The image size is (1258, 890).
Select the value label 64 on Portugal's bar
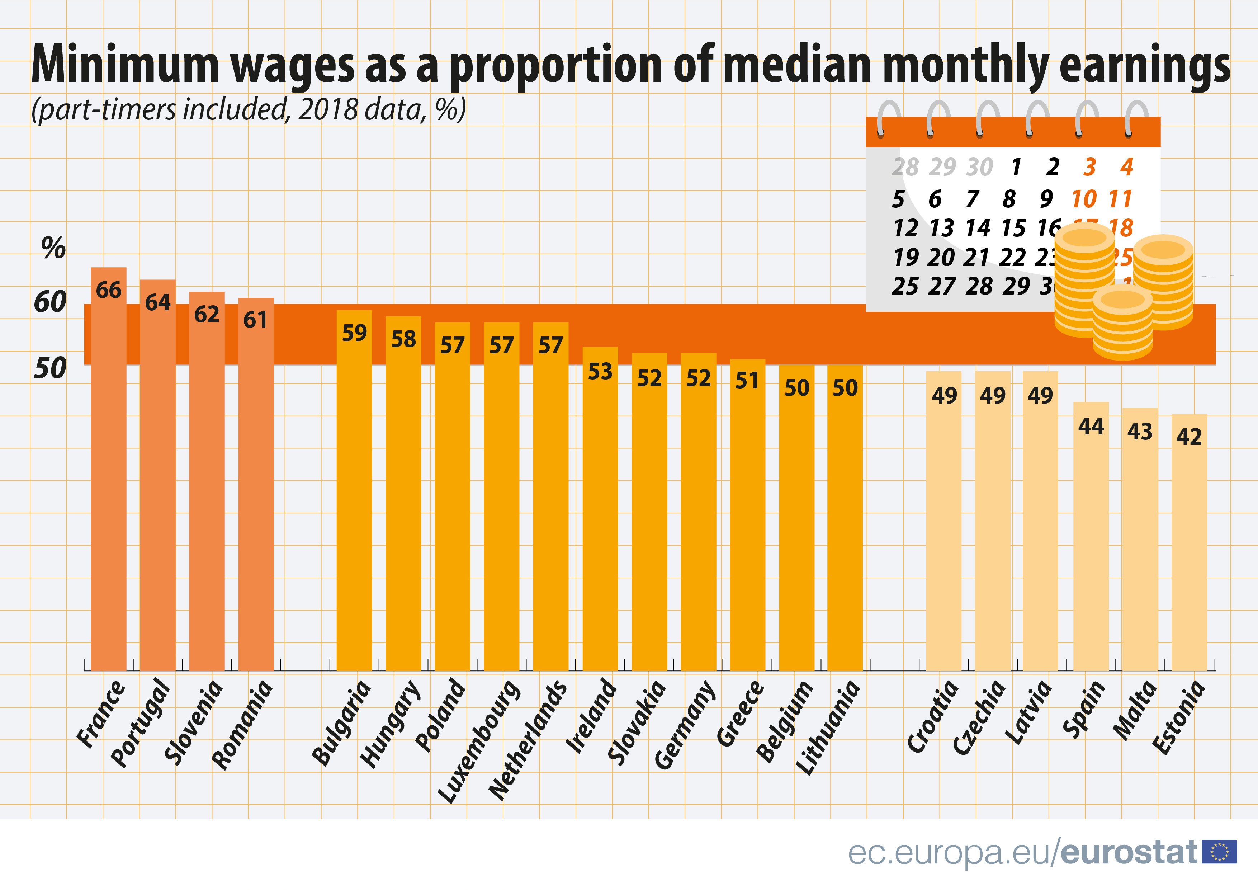tap(158, 302)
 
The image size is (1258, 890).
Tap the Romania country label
tap(242, 725)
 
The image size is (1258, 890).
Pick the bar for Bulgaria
tap(354, 493)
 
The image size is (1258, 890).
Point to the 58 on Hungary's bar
tap(403, 339)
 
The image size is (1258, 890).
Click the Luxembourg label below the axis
tap(480, 741)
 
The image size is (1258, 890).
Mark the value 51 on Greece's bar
tap(747, 380)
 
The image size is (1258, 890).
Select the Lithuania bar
tap(845, 521)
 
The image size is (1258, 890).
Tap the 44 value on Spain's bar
tap(1090, 427)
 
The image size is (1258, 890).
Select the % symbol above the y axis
tap(53, 248)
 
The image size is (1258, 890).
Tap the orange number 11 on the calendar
tap(1120, 199)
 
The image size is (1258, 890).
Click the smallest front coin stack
tap(1122, 325)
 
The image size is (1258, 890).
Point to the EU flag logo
tap(1219, 852)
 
